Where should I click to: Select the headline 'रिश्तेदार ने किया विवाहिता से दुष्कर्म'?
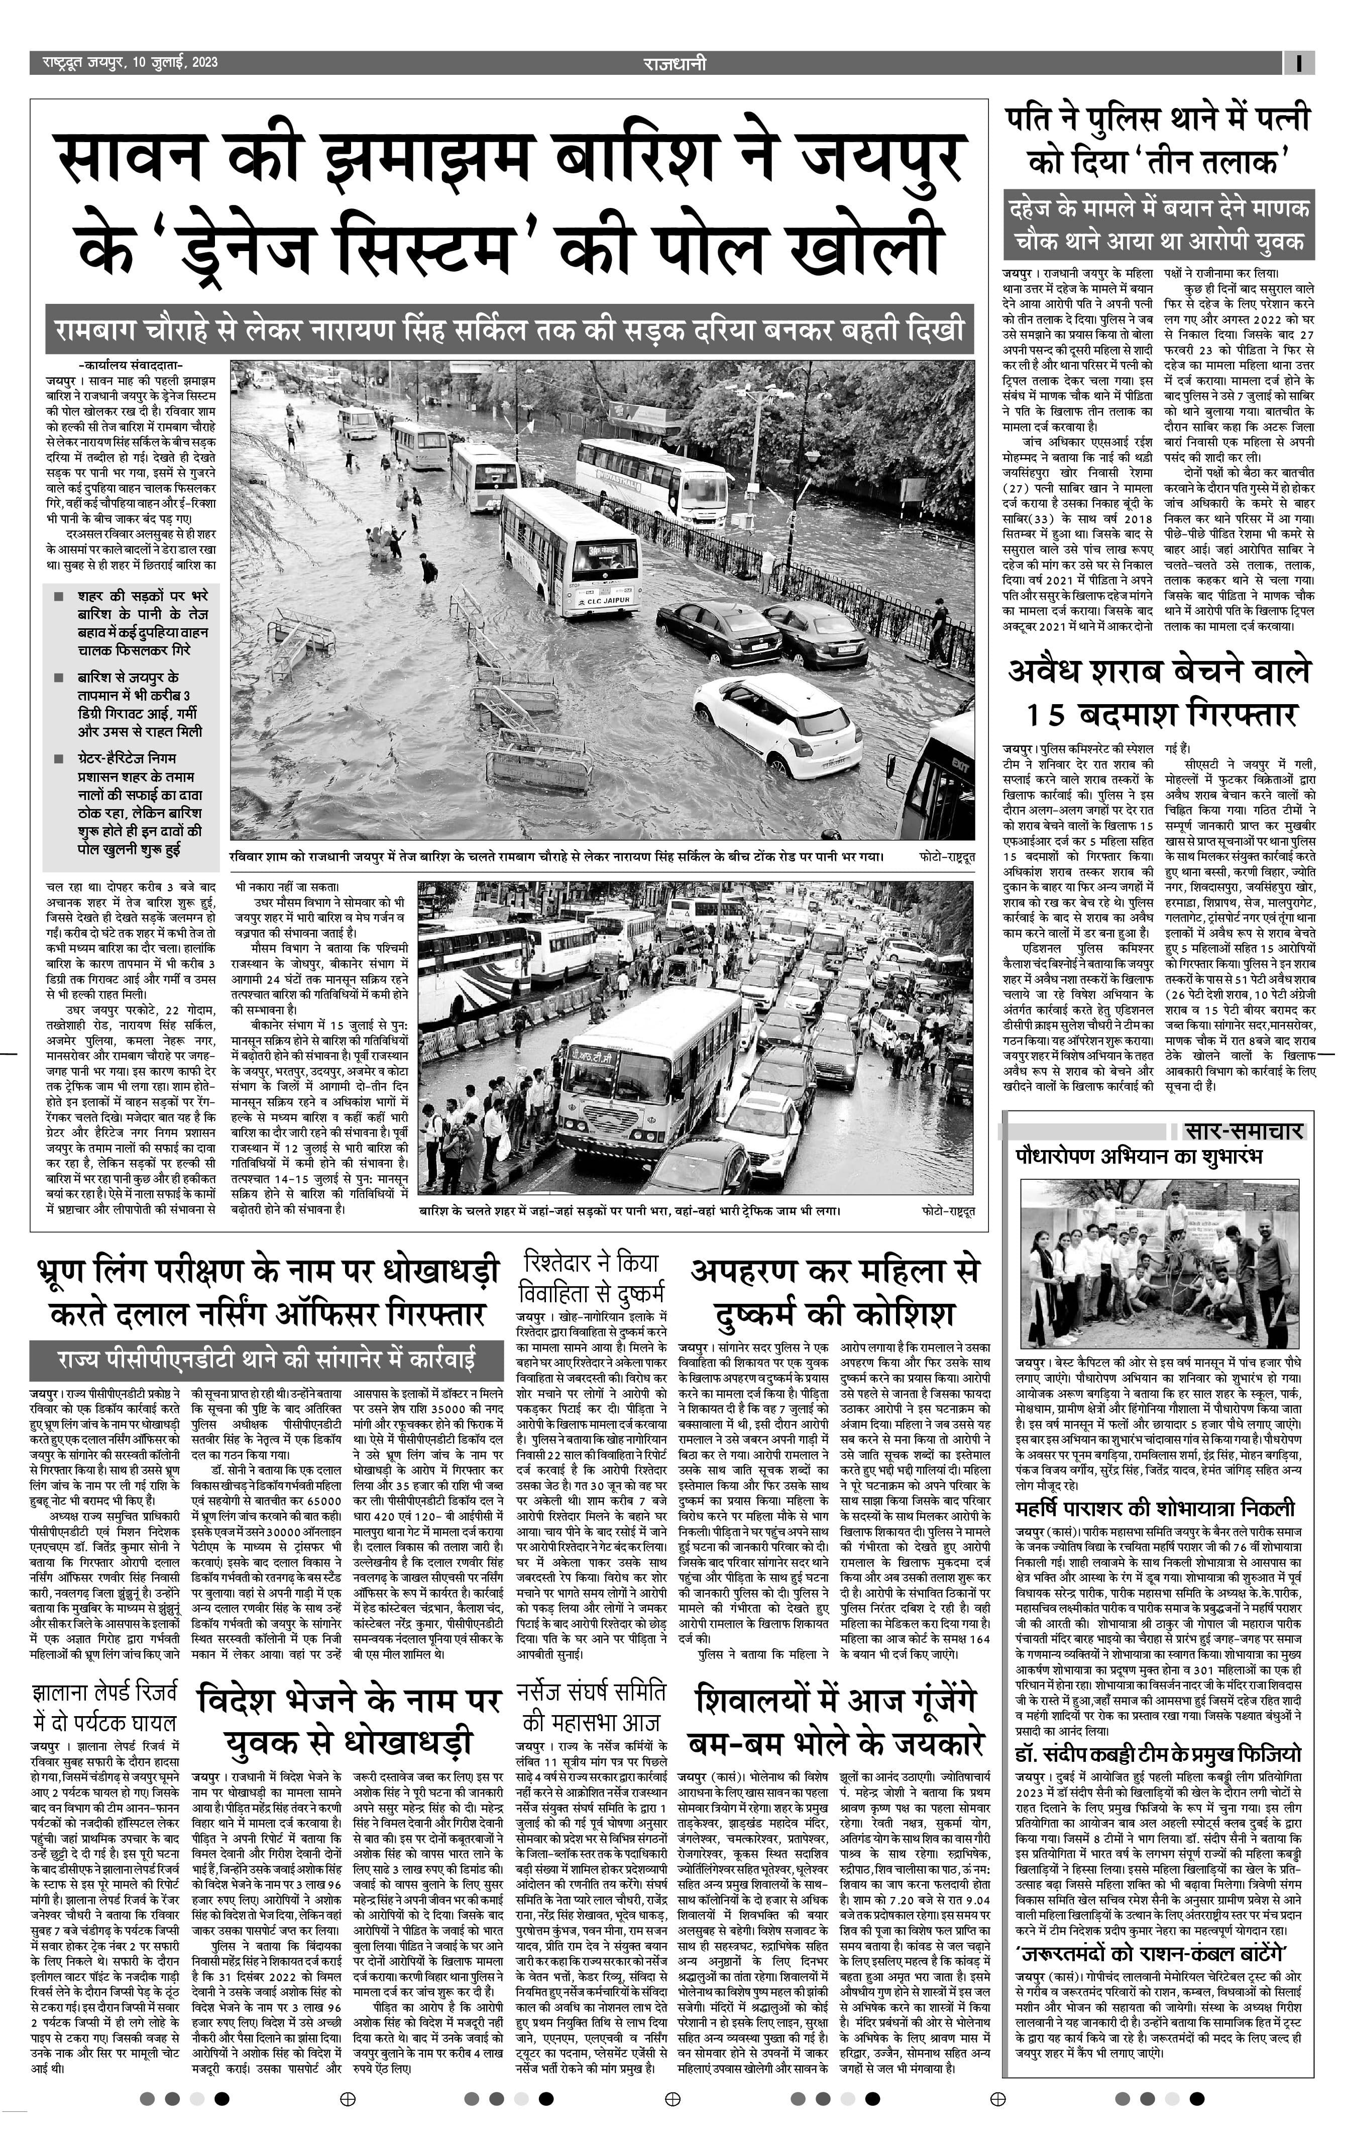click(x=593, y=1277)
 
